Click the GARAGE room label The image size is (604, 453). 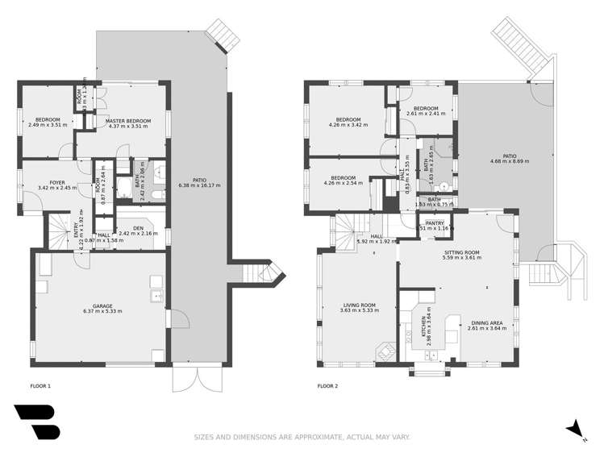[x=102, y=306]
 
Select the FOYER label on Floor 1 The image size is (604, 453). [x=57, y=183]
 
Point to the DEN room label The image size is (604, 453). [x=127, y=228]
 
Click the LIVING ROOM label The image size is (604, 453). [x=359, y=305]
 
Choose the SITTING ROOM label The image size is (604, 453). [x=462, y=253]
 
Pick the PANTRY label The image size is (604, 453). [x=435, y=223]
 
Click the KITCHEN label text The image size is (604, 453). [x=423, y=326]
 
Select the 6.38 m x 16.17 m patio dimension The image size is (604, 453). [x=199, y=185]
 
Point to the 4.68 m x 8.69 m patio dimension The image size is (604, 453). [x=510, y=161]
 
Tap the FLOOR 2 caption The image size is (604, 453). [x=327, y=387]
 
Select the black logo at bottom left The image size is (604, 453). [x=36, y=422]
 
